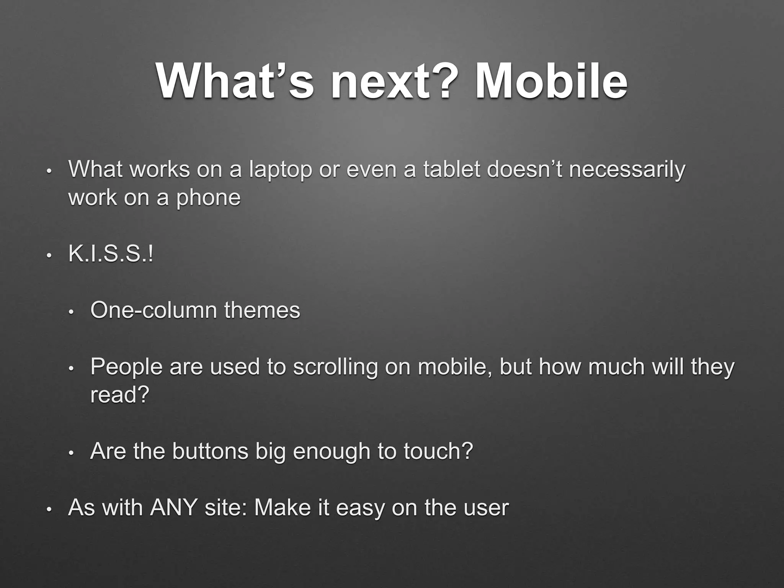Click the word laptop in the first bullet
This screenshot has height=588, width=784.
point(280,170)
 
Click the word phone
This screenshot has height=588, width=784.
point(208,198)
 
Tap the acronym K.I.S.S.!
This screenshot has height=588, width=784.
point(111,253)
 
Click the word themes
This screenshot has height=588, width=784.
point(262,310)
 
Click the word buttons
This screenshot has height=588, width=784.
point(210,451)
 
